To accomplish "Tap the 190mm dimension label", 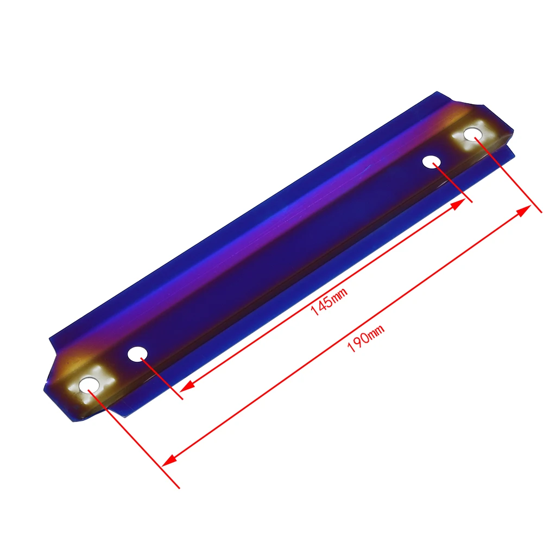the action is [365, 338].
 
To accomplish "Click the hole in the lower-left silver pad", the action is [89, 386].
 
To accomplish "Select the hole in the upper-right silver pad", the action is [473, 134].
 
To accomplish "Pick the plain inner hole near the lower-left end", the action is [137, 354].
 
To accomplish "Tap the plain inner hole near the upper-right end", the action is [432, 162].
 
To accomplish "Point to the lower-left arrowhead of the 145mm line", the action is [187, 386].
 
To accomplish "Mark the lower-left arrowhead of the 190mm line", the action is [169, 460].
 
